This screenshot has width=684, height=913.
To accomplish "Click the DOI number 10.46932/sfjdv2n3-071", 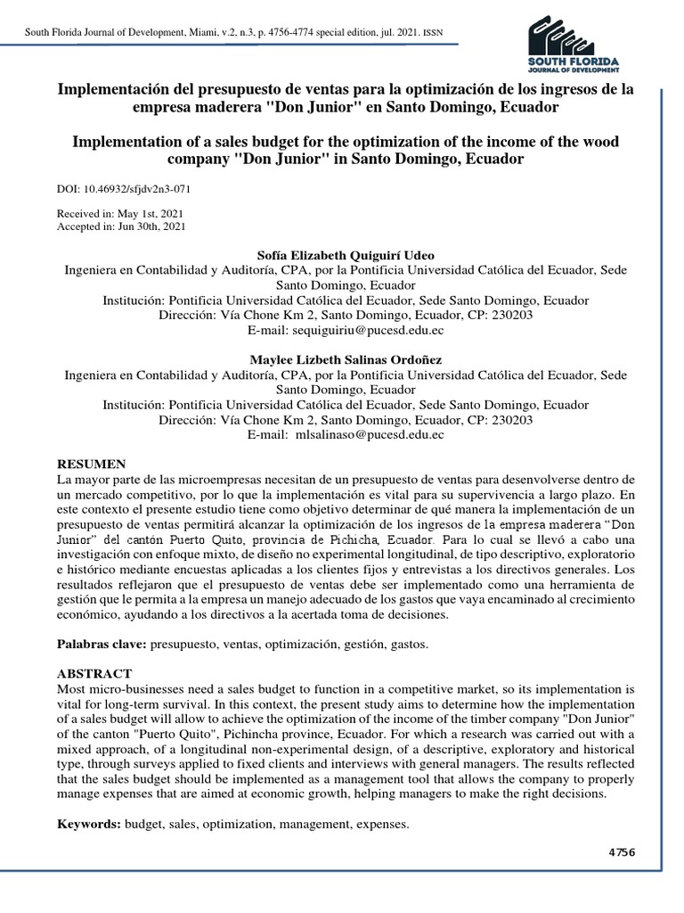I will (137, 190).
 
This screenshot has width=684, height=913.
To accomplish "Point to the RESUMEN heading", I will (92, 465).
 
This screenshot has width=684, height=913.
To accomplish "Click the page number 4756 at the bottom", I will (621, 852).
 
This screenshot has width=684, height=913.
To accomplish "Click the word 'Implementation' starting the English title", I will (132, 143).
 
